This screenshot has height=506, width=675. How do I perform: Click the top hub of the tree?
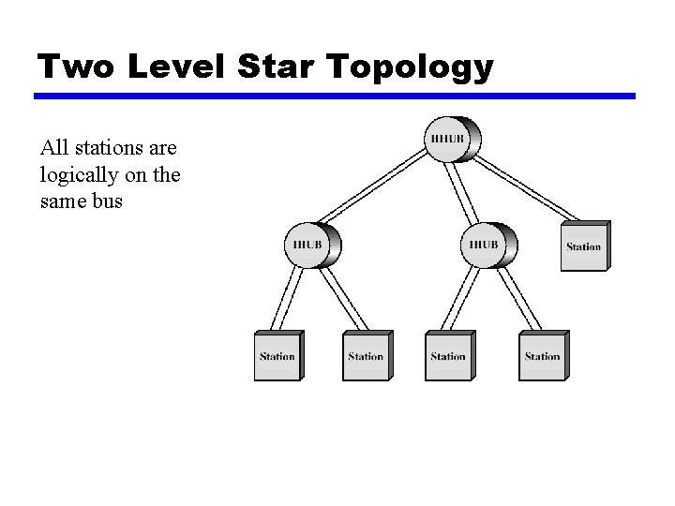453,140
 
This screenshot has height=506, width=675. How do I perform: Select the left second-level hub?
312,245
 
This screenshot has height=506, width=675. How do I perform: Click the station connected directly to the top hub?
585,246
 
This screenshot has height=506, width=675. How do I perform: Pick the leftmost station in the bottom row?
277,356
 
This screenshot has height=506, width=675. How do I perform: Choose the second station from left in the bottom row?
366,356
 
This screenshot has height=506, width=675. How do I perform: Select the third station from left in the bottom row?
448,356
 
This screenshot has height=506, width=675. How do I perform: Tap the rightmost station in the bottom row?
543,356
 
